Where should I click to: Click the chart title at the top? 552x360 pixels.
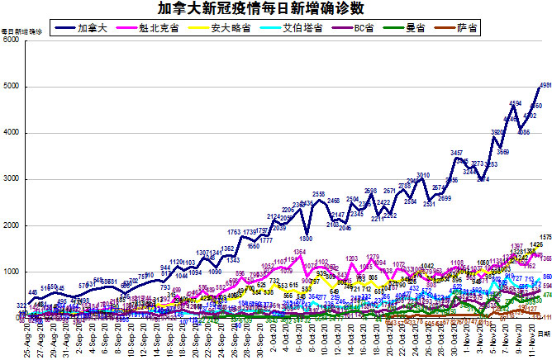point(275,9)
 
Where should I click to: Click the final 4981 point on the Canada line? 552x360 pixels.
point(541,87)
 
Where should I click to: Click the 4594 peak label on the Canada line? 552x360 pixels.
point(515,103)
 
